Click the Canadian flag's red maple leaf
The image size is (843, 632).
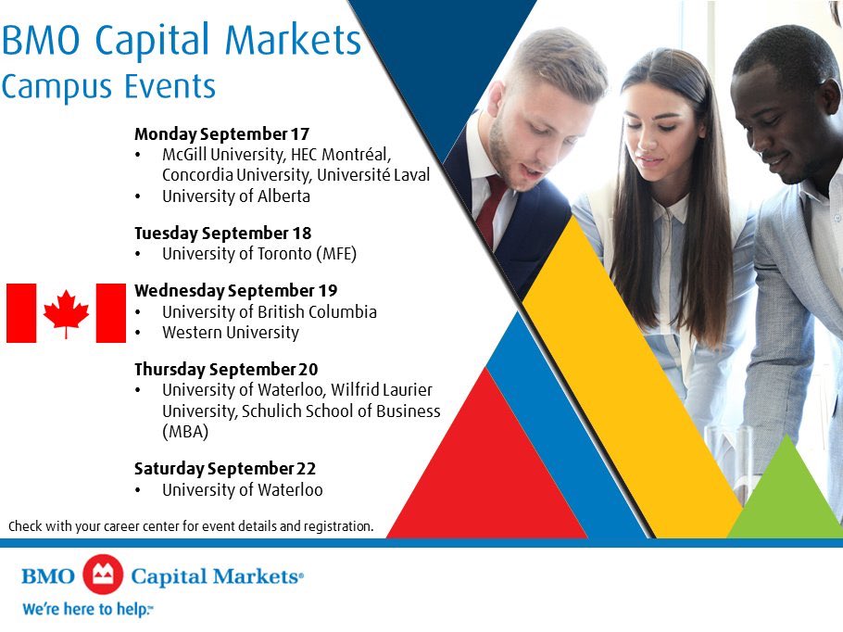(66, 312)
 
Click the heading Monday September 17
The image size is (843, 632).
(221, 133)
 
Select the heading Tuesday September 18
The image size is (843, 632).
(222, 233)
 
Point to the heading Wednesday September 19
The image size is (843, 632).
(235, 290)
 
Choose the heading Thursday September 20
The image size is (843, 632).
(226, 369)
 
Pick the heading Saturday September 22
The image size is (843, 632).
(225, 469)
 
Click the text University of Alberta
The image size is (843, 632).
(235, 196)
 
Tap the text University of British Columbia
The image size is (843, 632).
(269, 311)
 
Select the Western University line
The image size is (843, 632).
(230, 333)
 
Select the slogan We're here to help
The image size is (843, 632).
(87, 610)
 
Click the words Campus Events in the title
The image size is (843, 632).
(108, 86)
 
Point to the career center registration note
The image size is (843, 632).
(191, 526)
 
